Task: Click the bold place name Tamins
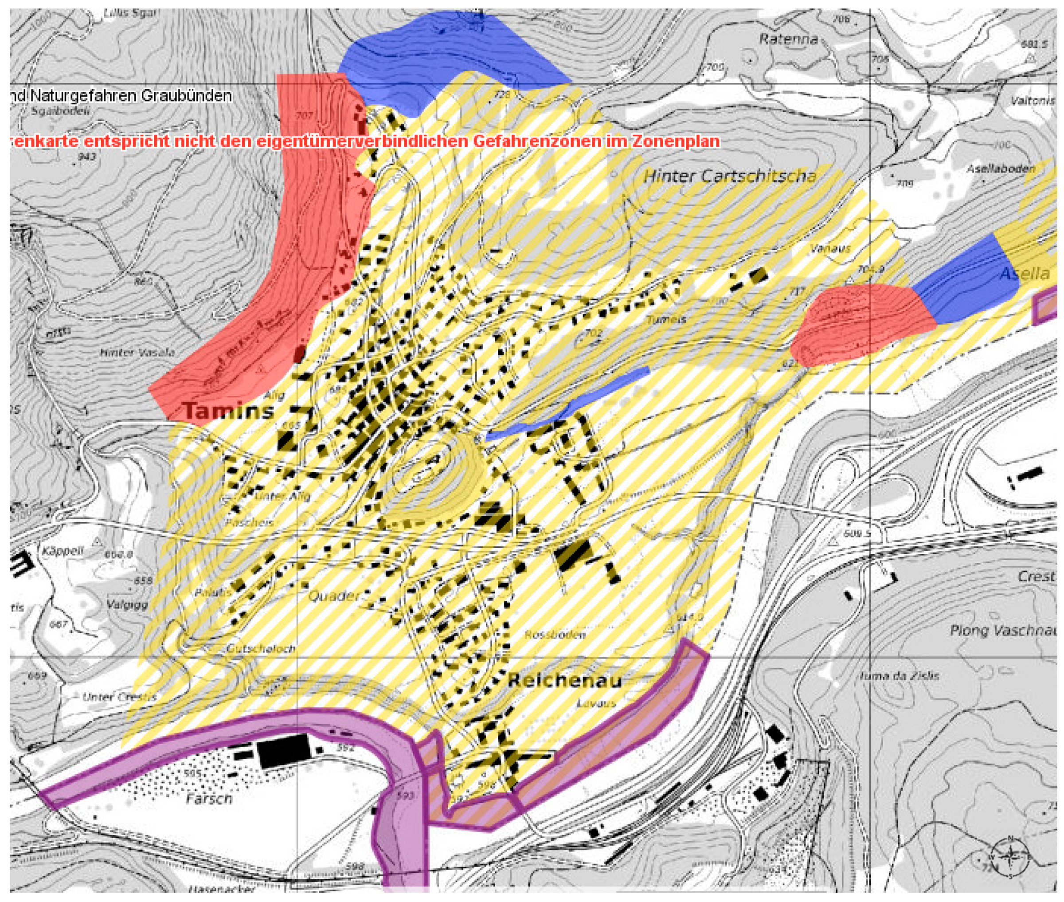coord(228,411)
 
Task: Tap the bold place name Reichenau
coord(564,681)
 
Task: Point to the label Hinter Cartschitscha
coord(729,176)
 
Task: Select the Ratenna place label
coord(788,39)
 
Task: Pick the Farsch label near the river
coord(208,798)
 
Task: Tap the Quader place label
coord(334,596)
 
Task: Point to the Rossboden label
coord(555,635)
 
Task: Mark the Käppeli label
coord(63,551)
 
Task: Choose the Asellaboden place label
coord(1000,169)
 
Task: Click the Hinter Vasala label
coord(137,352)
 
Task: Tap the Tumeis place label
coord(666,320)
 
